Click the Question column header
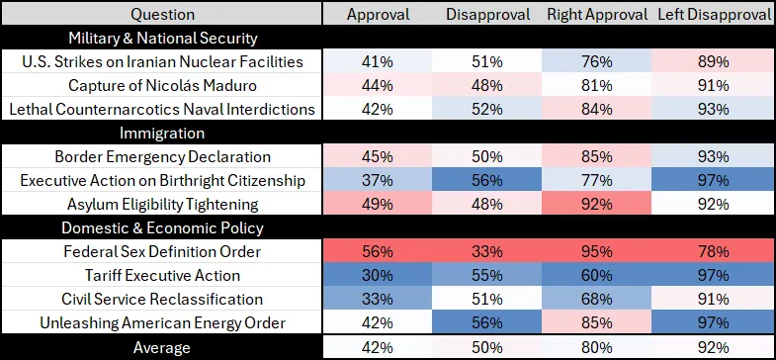coord(162,15)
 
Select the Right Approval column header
coord(597,15)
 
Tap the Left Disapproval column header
coord(714,15)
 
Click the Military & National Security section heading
coord(163,39)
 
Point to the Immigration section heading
coord(162,134)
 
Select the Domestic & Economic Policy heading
coord(162,228)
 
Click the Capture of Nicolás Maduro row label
coord(162,86)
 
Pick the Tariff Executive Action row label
coord(162,275)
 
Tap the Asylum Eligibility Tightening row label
coord(162,204)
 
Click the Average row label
coord(162,347)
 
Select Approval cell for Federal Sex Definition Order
coord(377,251)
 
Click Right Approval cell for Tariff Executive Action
coord(597,275)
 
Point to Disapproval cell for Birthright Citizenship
coord(487,180)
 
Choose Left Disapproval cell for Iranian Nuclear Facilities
coord(714,61)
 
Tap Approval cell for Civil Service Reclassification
coord(377,299)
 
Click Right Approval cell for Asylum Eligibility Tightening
coord(597,204)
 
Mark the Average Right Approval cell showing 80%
coord(597,347)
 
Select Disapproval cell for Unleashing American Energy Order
coord(487,322)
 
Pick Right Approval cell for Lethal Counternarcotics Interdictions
coord(597,109)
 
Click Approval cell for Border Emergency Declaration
coord(377,156)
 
